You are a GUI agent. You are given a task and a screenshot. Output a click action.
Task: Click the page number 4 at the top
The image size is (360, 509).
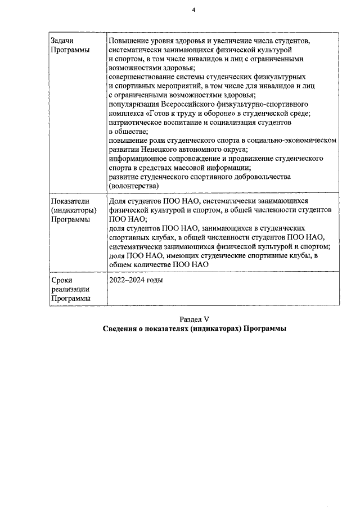click(193, 10)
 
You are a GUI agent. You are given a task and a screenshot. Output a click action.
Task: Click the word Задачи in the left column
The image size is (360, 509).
click(62, 42)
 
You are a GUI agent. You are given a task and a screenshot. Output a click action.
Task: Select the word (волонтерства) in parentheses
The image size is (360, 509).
click(134, 185)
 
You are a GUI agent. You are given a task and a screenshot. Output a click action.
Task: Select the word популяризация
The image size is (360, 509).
click(133, 104)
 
